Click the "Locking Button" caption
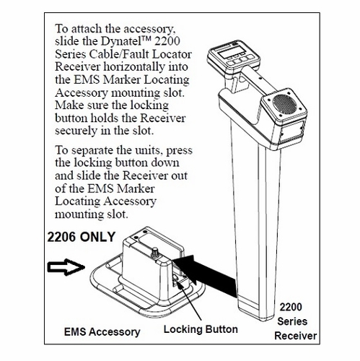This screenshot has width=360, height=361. pyautogui.click(x=201, y=330)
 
